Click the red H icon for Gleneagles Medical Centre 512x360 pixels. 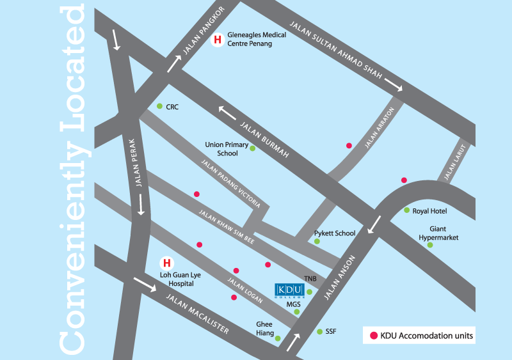[218, 40]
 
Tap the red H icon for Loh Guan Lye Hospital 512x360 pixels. [167, 263]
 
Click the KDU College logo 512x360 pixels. [288, 290]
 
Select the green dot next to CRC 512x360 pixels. [159, 106]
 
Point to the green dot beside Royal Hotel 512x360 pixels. [406, 210]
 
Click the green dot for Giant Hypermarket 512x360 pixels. [430, 245]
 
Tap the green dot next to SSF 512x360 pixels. [319, 331]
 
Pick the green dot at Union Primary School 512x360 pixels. [252, 148]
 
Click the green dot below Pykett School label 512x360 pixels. [317, 241]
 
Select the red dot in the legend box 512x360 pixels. [373, 334]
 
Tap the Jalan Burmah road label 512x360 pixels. [266, 137]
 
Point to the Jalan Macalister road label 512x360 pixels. [197, 313]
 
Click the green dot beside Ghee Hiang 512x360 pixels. [278, 338]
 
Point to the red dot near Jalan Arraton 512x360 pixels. [349, 146]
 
